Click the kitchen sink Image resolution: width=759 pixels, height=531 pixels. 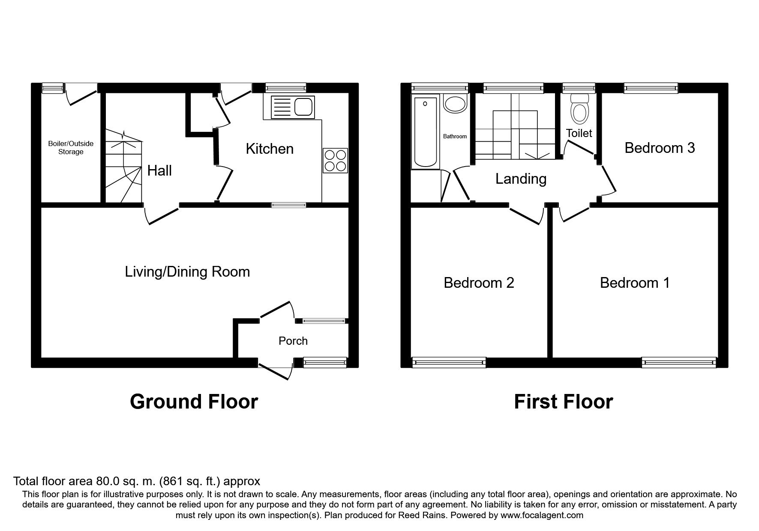point(292,107)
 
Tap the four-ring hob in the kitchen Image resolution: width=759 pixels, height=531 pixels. point(335,160)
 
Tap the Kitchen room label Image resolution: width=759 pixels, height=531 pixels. point(270,149)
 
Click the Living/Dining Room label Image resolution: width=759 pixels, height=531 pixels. point(187,272)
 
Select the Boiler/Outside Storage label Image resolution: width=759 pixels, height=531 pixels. point(71,148)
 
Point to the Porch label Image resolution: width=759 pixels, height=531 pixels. point(293,341)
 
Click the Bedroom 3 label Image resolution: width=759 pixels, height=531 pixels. point(659,148)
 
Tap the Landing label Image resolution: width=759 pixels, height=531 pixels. point(521,179)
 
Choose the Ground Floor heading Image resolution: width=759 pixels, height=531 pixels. point(194,402)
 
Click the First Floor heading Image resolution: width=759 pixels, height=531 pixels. point(563,402)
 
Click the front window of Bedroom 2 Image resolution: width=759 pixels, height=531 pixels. point(449,363)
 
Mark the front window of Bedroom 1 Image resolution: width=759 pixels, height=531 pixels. point(679,363)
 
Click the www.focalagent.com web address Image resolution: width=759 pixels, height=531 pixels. point(542,515)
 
